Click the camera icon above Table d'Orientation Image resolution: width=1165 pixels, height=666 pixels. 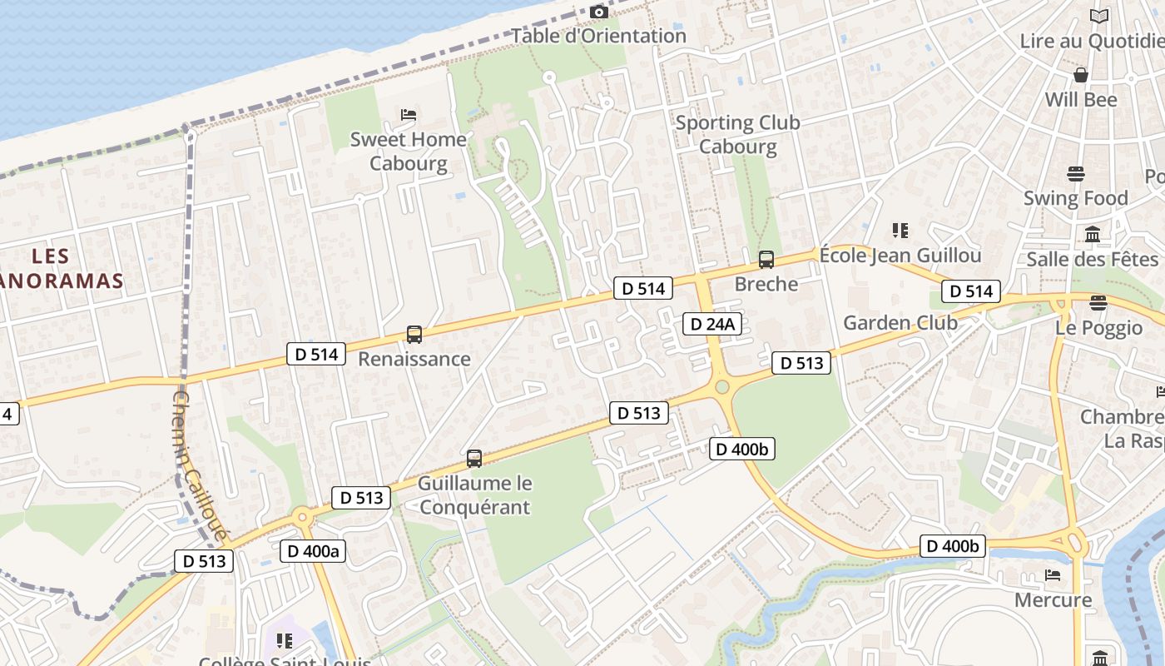coord(598,12)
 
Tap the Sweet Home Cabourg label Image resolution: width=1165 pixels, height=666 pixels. coord(408,151)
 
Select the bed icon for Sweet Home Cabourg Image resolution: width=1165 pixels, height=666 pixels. coord(409,114)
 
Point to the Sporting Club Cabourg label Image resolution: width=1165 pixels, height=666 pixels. coord(737,134)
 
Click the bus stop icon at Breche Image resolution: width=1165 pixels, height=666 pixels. coord(766,260)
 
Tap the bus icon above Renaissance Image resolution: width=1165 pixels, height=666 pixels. coord(414,335)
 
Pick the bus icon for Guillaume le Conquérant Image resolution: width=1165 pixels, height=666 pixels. coord(474,459)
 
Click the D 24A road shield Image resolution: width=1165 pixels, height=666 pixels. coord(711,324)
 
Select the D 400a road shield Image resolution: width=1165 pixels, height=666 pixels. coord(313,550)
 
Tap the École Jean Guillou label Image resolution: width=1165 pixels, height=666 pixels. coord(900,255)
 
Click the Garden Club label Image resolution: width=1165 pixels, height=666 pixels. coord(900,322)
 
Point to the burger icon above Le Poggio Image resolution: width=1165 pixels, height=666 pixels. coord(1098,302)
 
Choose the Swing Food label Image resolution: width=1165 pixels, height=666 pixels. coord(1075,198)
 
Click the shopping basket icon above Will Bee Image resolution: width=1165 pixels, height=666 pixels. coord(1081,75)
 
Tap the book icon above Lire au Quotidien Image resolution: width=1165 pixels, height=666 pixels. coord(1099,16)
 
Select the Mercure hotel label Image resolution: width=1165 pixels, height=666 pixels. coord(1053,599)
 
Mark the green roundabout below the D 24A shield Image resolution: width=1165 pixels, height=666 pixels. coord(721,386)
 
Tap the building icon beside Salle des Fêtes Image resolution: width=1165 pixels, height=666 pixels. coord(1093,235)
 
